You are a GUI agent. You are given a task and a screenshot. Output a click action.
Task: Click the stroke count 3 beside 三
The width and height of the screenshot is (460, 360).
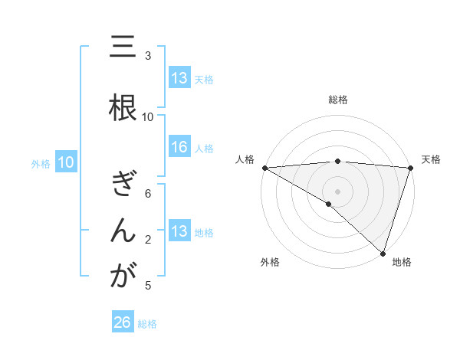(x=148, y=56)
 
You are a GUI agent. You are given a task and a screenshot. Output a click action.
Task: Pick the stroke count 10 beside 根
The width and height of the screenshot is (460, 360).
(x=148, y=117)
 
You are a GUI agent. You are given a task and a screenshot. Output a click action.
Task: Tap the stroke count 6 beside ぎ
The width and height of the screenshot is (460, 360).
(x=148, y=195)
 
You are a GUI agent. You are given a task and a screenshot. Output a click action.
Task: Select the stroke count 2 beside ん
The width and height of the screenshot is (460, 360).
(x=148, y=241)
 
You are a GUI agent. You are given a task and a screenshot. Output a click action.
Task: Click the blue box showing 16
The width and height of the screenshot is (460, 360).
(x=179, y=148)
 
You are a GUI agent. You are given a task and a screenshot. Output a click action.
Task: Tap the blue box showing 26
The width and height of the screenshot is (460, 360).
(x=123, y=323)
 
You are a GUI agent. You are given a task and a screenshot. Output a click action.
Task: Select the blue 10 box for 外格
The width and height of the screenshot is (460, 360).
(x=66, y=162)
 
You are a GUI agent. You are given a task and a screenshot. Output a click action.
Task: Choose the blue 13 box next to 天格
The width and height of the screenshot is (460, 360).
(x=179, y=78)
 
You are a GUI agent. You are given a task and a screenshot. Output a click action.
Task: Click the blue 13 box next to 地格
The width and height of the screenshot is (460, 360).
(x=179, y=231)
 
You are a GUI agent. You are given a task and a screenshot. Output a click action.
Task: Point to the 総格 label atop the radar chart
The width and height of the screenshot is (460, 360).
(x=338, y=100)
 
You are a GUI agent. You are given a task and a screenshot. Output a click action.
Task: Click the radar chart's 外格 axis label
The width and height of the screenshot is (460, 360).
(x=270, y=263)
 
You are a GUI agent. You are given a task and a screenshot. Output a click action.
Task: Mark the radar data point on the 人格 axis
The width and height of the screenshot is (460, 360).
(x=264, y=168)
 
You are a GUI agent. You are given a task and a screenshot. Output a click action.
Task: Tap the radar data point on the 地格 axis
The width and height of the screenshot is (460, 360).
(x=383, y=254)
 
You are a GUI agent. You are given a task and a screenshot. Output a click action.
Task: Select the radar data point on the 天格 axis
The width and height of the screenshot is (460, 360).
(x=411, y=168)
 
